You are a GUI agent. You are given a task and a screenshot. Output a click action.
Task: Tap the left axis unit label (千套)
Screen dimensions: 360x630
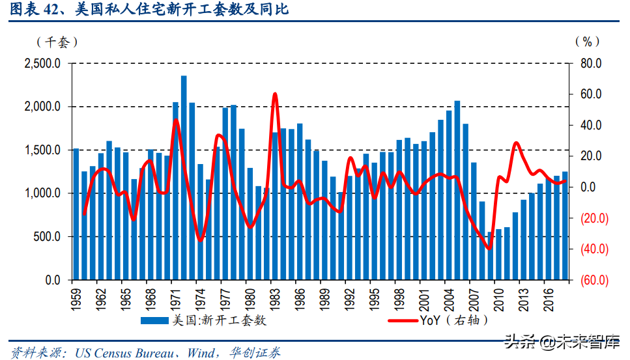pos(57,42)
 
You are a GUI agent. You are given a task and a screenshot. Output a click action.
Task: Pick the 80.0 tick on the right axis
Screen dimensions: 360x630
pos(590,64)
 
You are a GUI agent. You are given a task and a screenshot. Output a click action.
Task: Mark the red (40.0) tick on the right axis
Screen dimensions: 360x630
pos(590,249)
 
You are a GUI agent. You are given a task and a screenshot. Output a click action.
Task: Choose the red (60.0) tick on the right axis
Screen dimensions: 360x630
pos(590,281)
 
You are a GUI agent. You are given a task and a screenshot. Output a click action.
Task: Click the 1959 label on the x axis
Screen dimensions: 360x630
pos(76,299)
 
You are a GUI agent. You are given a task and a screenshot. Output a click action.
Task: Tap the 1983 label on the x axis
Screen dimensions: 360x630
pos(274,299)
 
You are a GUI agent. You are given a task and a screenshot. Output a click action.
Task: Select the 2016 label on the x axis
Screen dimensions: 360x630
pos(547,299)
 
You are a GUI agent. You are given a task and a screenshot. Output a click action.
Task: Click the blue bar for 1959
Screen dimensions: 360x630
pos(76,215)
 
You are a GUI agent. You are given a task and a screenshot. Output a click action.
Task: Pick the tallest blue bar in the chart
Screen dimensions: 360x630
pos(184,178)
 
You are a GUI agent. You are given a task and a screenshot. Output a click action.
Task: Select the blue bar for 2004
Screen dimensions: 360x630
pos(449,195)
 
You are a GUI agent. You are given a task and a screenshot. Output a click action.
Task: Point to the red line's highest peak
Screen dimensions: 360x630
pos(274,94)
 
